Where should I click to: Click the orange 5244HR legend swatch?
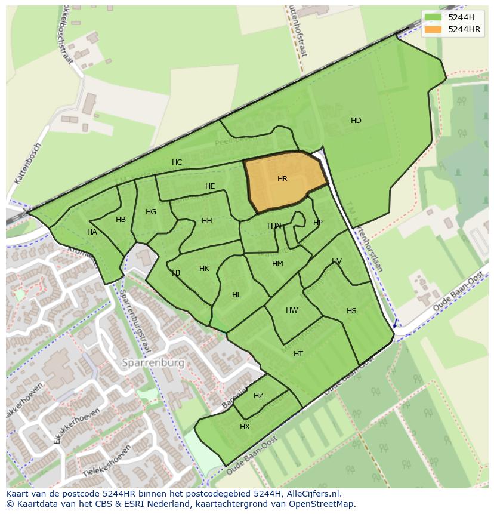[433, 29]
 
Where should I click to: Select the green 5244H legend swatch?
[433, 17]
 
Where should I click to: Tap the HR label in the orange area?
[282, 179]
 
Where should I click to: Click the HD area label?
[356, 121]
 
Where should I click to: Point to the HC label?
[177, 162]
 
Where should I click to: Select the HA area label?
[92, 232]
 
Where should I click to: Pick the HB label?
[121, 220]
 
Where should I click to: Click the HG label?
[151, 212]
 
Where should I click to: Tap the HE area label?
[210, 186]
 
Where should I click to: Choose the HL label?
[237, 295]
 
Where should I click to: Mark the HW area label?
[292, 310]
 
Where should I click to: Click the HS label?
[351, 311]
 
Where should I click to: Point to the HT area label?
[298, 354]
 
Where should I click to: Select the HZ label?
[258, 396]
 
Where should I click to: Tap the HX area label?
[245, 427]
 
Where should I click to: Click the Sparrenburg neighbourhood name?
[153, 362]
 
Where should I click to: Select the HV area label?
[336, 261]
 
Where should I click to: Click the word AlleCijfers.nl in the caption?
[311, 494]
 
